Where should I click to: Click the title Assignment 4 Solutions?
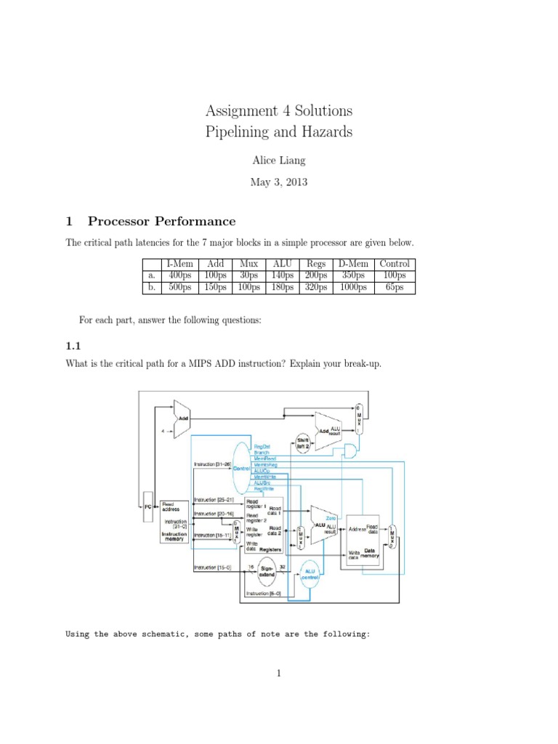click(279, 111)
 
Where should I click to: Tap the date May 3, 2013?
click(279, 182)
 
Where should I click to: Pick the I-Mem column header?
click(180, 264)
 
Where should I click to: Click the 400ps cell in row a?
click(180, 275)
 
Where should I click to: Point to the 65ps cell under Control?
click(395, 287)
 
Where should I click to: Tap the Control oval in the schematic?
click(240, 469)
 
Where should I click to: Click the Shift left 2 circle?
click(303, 442)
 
